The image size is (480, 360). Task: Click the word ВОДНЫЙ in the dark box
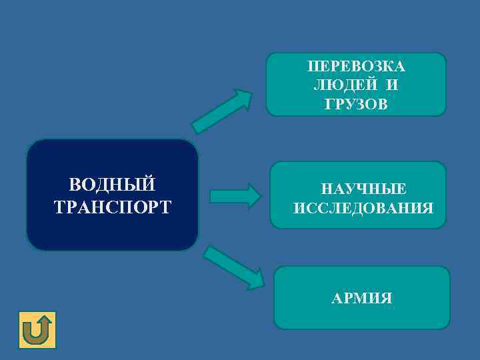pos(112,184)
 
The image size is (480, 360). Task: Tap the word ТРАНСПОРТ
pos(112,205)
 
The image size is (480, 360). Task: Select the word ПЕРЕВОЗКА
pos(356,68)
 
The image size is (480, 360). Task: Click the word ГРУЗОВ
pos(356,104)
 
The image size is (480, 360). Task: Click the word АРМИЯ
pos(362,297)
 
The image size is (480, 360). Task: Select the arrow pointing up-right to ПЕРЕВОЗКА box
pos(221,111)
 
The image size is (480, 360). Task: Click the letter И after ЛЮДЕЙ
pos(392,86)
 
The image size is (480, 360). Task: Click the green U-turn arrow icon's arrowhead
pos(44,320)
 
